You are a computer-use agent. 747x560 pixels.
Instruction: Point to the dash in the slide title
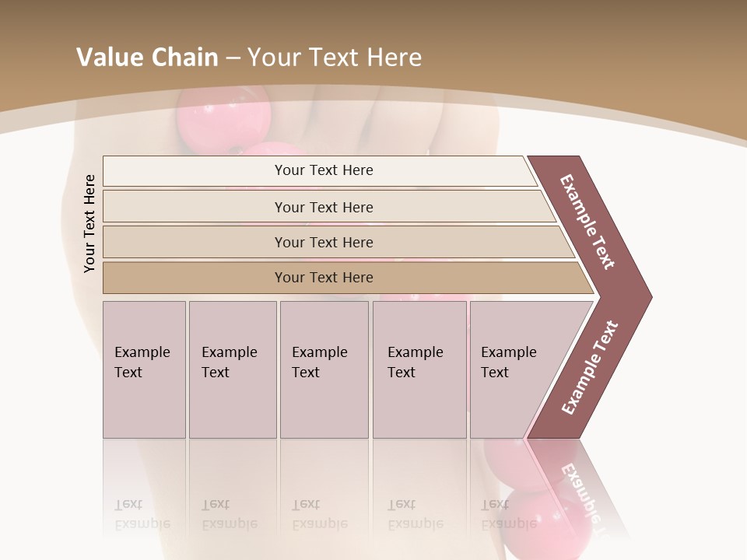point(233,58)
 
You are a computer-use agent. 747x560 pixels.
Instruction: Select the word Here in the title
point(394,57)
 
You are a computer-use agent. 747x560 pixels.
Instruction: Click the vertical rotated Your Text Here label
point(89,223)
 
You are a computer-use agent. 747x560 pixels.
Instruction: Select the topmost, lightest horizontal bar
point(324,170)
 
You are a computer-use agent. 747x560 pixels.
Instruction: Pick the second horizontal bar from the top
point(324,207)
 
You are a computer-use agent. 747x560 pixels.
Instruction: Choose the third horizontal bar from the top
point(324,242)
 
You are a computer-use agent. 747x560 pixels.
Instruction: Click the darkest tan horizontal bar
point(324,278)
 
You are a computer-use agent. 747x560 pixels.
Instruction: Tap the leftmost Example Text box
point(144,369)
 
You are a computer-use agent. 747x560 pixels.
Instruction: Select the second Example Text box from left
point(232,369)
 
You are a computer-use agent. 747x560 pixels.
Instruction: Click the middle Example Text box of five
point(323,369)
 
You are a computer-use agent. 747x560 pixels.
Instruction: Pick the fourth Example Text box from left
point(419,369)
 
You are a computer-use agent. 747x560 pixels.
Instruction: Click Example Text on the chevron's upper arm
point(587,222)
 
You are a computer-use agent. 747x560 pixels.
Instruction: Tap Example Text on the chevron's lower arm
point(590,368)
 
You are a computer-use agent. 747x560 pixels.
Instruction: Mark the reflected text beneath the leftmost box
point(142,514)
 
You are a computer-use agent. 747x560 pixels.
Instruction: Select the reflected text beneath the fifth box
point(509,514)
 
